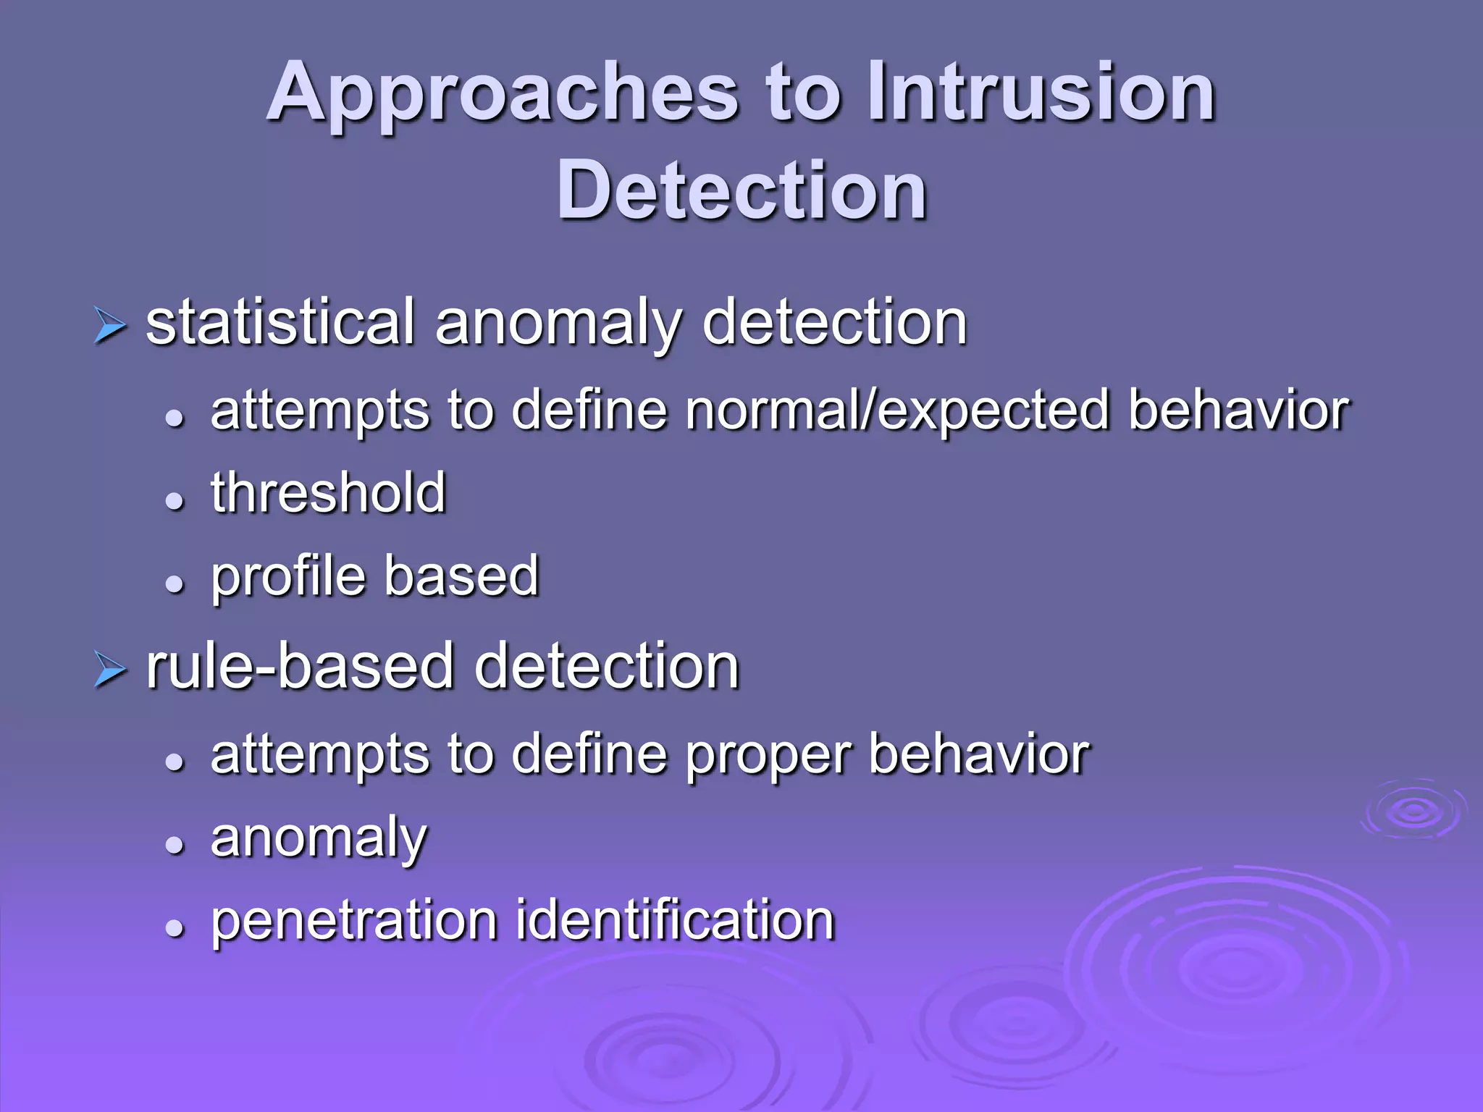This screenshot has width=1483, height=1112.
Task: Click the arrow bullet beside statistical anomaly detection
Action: tap(110, 326)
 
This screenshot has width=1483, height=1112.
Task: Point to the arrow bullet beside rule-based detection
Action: tap(110, 669)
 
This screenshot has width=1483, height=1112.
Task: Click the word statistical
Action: tap(280, 323)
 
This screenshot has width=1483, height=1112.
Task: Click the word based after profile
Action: tap(461, 576)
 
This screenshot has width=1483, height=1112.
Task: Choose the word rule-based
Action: tap(299, 666)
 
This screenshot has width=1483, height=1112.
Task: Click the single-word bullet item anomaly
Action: tap(319, 838)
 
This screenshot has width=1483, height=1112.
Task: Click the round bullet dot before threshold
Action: tap(174, 500)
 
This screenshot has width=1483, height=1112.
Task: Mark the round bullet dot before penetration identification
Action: tap(174, 927)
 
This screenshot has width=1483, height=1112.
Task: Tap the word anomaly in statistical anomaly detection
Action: tap(558, 323)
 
